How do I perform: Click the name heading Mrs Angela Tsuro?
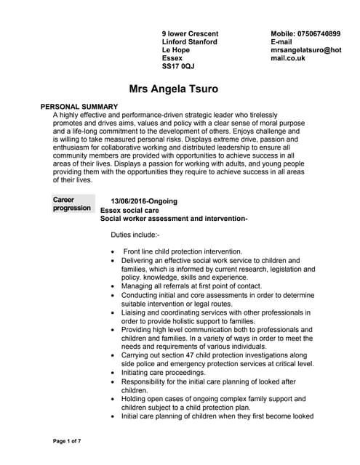pyautogui.click(x=173, y=90)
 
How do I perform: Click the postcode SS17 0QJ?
pyautogui.click(x=178, y=66)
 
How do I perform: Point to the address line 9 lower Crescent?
pyautogui.click(x=190, y=34)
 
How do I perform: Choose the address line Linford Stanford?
pyautogui.click(x=189, y=42)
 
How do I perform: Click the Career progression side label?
pyautogui.click(x=71, y=203)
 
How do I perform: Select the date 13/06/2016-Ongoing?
pyautogui.click(x=144, y=201)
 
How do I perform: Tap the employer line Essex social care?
pyautogui.click(x=129, y=210)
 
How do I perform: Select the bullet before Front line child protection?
pyautogui.click(x=112, y=251)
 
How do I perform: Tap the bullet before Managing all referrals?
pyautogui.click(x=112, y=286)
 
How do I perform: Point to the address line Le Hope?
pyautogui.click(x=175, y=50)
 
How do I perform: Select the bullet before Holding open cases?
pyautogui.click(x=112, y=399)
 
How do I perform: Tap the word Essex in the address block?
pyautogui.click(x=172, y=58)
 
